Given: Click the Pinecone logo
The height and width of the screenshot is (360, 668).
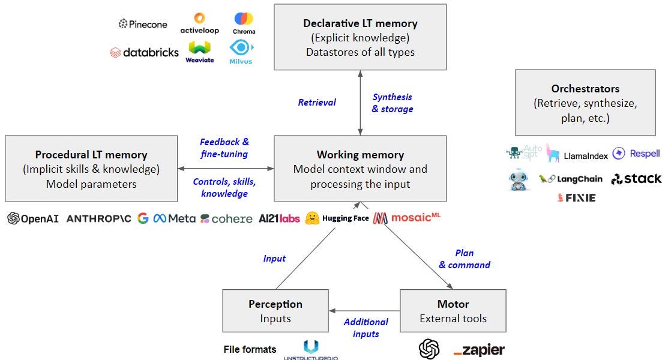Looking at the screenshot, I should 143,23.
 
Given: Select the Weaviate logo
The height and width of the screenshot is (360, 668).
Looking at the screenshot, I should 200,52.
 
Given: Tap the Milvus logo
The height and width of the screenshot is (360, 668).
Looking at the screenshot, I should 241,52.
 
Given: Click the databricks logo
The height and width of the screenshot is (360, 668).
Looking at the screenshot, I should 144,52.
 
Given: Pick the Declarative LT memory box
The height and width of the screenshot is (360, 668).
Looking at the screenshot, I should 360,37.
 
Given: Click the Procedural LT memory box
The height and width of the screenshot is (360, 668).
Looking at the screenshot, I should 91,169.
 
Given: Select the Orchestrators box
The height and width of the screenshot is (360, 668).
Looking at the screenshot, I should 585,102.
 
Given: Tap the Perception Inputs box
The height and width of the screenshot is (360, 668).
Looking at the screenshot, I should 275,311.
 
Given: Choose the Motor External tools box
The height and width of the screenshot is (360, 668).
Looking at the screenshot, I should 453,311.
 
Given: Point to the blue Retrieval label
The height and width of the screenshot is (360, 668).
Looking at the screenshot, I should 317,102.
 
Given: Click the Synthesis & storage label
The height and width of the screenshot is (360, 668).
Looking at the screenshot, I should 393,103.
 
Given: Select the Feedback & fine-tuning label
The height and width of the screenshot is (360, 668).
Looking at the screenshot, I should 224,148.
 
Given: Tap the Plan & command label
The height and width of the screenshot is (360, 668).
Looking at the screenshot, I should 465,259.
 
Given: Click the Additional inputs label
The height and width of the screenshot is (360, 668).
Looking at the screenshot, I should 366,328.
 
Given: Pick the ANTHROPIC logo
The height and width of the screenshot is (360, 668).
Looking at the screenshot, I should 99,218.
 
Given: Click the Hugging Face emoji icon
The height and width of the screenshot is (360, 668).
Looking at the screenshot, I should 311,218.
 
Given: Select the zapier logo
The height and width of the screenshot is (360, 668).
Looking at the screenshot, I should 479,349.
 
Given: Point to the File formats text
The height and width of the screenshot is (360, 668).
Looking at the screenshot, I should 250,349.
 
